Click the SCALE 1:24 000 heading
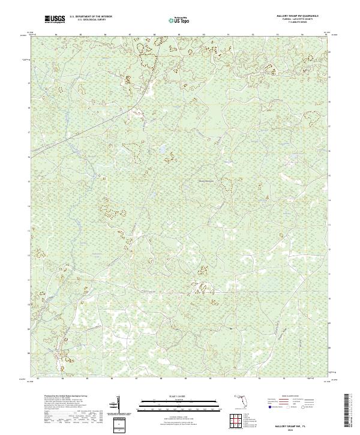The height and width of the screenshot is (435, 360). click(178, 395)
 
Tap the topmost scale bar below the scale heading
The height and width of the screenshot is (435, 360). click(178, 400)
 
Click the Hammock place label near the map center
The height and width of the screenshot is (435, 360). click(205, 178)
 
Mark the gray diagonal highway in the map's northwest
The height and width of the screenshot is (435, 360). click(90, 127)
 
